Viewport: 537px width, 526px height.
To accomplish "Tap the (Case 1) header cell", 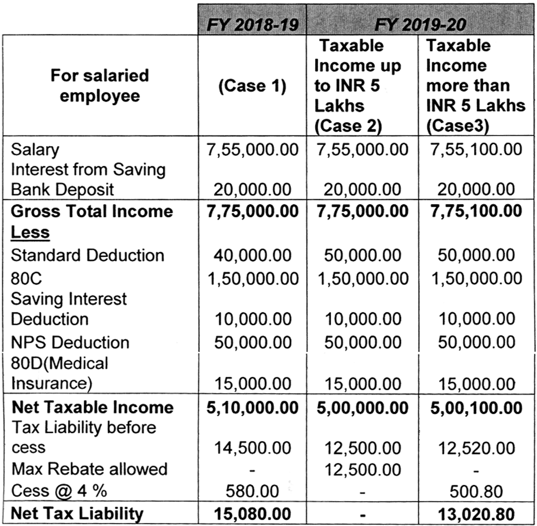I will point(252,86).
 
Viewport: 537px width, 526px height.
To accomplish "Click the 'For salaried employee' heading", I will point(99,85).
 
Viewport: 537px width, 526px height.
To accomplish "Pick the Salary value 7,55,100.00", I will point(476,149).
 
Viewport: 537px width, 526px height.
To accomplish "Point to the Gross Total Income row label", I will point(92,211).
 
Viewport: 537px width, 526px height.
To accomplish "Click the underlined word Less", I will point(30,233).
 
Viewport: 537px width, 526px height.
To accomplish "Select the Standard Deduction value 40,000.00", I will point(252,255).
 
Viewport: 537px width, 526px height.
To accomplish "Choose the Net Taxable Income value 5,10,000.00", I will point(252,408).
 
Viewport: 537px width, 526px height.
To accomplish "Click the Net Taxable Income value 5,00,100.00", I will point(476,408).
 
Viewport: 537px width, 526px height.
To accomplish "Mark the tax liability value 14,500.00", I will point(252,448).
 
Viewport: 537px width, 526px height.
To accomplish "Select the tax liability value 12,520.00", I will point(476,448).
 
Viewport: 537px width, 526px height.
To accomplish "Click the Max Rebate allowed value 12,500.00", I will point(362,470).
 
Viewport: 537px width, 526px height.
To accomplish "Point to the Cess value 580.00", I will point(252,491).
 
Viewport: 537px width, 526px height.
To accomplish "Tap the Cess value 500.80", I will point(476,491).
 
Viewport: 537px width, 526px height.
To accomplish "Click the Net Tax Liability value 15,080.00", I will point(252,513).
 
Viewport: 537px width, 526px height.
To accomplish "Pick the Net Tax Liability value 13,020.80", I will point(476,513).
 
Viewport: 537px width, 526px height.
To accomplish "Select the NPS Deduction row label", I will point(70,343).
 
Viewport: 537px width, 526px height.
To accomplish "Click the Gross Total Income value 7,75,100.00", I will point(476,211).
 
